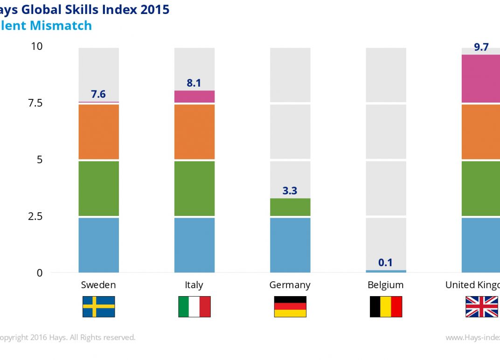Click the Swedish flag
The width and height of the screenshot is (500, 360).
[x=98, y=306]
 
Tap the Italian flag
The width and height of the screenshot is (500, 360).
[x=194, y=306]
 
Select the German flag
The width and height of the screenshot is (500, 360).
[x=290, y=306]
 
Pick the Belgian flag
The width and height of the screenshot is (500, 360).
[x=386, y=306]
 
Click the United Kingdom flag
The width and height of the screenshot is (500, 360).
[x=481, y=306]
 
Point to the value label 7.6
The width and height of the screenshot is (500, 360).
[x=98, y=94]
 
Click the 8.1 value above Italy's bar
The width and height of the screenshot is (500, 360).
[x=194, y=83]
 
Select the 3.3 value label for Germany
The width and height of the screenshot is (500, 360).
[x=290, y=191]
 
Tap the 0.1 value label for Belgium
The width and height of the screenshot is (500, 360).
[x=385, y=263]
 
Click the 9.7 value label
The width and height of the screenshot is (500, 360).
[x=481, y=47]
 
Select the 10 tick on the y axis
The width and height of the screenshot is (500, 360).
[x=36, y=46]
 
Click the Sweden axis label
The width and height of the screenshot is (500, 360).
[x=98, y=285]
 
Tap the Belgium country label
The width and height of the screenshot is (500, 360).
[x=386, y=285]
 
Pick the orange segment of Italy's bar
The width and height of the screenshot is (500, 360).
[x=194, y=132]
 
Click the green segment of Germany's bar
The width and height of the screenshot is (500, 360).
[x=290, y=207]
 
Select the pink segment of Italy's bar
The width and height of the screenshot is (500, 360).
[x=194, y=96]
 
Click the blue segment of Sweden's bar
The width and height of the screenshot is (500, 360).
[x=98, y=245]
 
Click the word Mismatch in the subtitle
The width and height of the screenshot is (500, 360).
[x=61, y=26]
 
